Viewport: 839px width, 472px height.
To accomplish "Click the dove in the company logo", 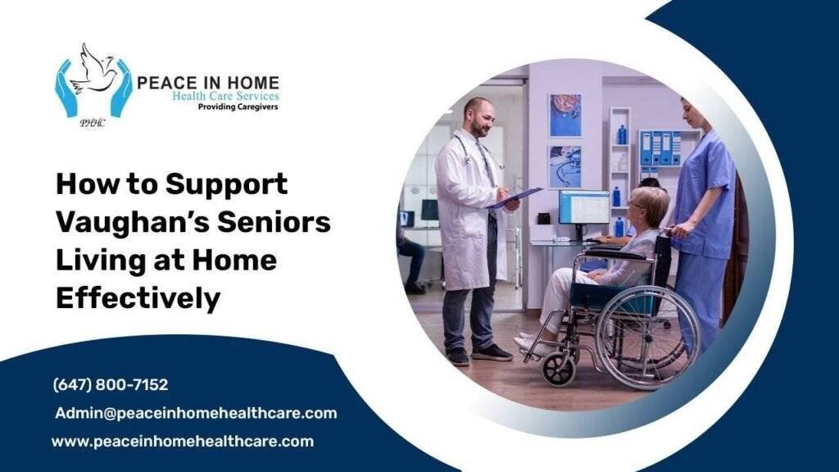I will coord(93,70).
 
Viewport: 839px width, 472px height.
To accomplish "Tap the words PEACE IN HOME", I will coord(207,83).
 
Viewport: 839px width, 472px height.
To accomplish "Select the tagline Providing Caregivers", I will coord(238,107).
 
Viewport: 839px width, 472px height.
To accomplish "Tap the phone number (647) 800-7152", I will coord(111,384).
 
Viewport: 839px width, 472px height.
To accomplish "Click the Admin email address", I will coord(196,413).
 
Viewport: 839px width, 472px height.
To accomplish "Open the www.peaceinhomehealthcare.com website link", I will coord(183,441).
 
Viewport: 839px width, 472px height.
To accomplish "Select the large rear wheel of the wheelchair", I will coord(647,336).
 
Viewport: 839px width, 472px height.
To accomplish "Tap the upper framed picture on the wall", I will coord(565,115).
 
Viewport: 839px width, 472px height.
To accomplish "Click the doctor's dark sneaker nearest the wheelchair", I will coord(492,352).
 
